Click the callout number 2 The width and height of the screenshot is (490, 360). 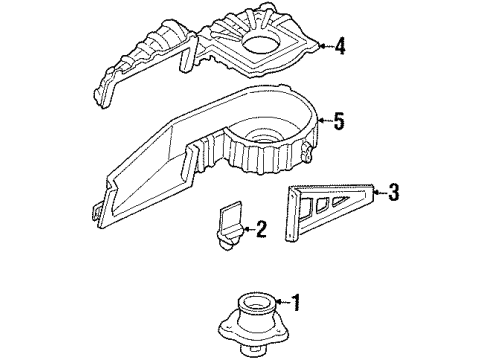(261, 231)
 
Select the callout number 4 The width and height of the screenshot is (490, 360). (341, 45)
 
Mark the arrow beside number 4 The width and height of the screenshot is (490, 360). (324, 45)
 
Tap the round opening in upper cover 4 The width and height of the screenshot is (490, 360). (263, 45)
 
